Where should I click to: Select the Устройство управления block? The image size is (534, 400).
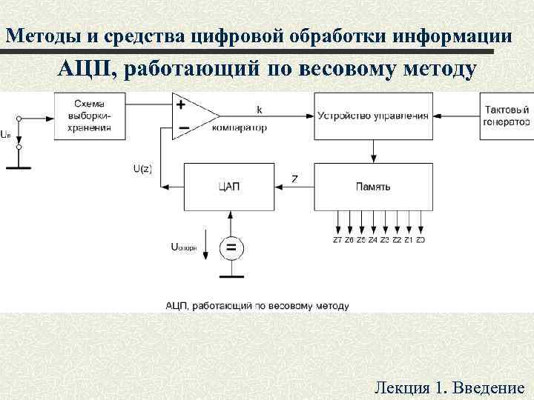click(373, 116)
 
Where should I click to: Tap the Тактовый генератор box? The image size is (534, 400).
click(507, 116)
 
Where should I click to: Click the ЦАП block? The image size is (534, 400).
click(230, 186)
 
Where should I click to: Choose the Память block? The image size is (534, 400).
click(373, 186)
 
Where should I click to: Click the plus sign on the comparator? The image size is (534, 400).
click(181, 104)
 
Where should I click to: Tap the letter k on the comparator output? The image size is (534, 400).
click(259, 110)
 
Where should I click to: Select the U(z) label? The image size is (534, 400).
click(142, 169)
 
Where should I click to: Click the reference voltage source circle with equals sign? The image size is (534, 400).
click(231, 247)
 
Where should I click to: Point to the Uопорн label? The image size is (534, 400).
click(184, 247)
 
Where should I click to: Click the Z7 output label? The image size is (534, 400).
click(338, 240)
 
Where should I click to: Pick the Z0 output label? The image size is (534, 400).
click(421, 240)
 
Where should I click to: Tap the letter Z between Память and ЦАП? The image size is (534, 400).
click(295, 179)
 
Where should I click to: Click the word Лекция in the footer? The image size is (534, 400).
click(402, 387)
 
